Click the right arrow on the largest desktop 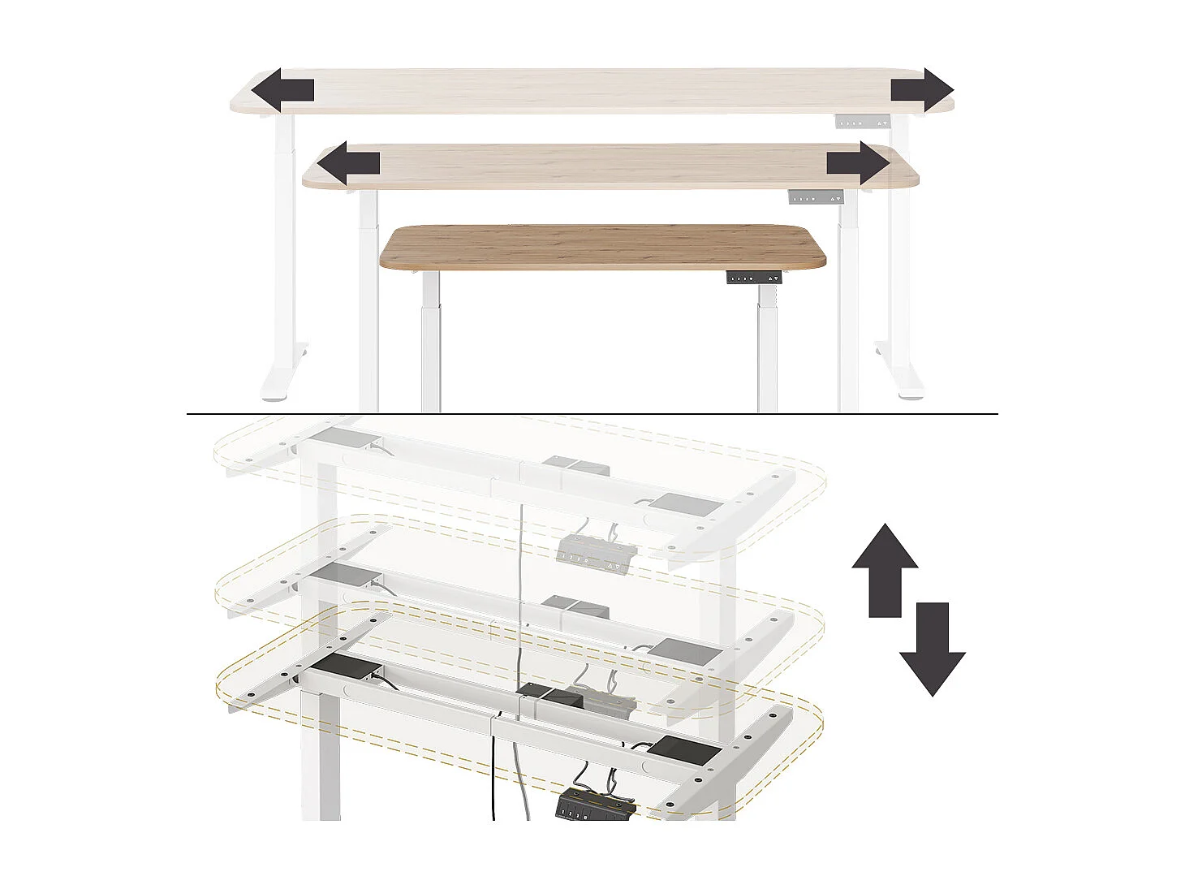[x=922, y=89]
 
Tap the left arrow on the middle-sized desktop [x=347, y=164]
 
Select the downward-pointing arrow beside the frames [x=932, y=649]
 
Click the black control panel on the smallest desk [x=753, y=278]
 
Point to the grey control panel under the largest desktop [x=863, y=123]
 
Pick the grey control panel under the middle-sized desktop [x=815, y=197]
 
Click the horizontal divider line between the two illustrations [x=592, y=414]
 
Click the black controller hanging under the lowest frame [x=594, y=807]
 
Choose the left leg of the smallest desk [x=430, y=341]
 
